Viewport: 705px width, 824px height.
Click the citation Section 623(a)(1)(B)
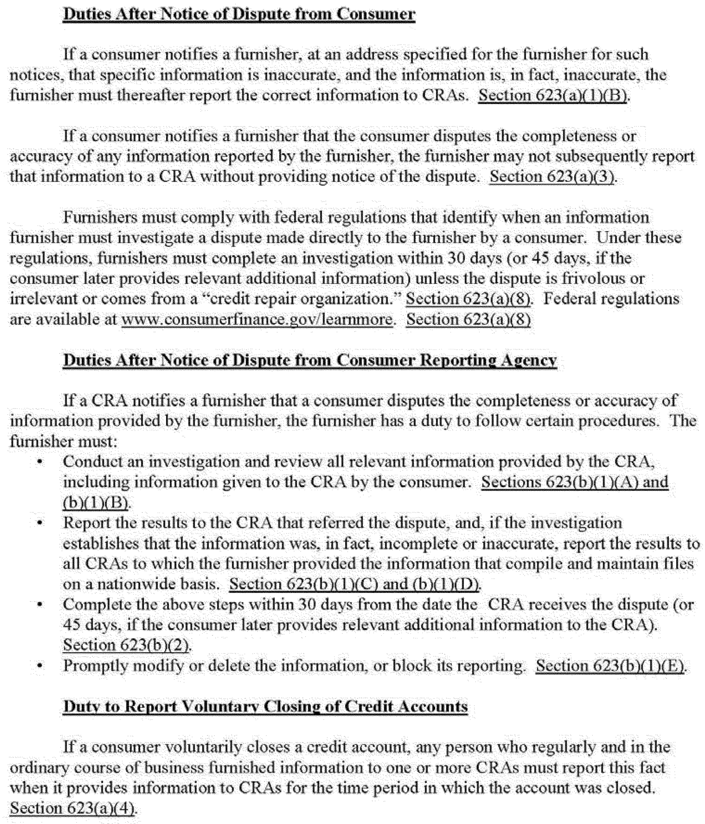tap(553, 96)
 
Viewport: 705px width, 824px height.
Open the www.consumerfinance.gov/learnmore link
tap(257, 320)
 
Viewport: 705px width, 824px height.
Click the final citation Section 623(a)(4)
tap(73, 808)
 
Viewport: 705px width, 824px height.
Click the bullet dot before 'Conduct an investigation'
tap(40, 462)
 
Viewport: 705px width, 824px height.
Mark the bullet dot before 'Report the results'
tap(40, 523)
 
